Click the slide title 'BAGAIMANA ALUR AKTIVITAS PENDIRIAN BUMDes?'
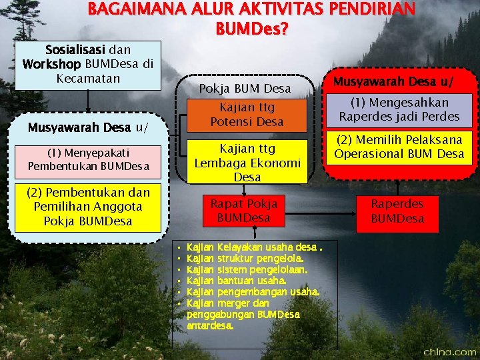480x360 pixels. (251, 19)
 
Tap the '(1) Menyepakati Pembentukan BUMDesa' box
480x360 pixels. (88, 162)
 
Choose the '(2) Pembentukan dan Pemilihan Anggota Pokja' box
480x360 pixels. (88, 207)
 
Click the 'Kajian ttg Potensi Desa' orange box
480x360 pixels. (247, 114)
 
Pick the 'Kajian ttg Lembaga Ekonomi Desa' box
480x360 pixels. (247, 162)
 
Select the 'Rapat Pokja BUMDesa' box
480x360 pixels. (244, 210)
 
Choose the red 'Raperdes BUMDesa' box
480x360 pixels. (397, 211)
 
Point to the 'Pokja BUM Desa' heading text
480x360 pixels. (245, 89)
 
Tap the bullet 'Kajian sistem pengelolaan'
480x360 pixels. (247, 270)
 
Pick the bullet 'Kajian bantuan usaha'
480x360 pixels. (237, 281)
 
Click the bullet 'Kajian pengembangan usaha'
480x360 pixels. (253, 292)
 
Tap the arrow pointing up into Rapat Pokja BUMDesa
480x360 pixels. (255, 231)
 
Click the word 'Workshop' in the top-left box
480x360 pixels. (51, 65)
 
